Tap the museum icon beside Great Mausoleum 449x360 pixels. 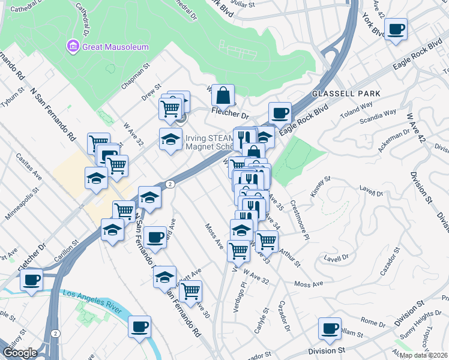[x=73, y=45]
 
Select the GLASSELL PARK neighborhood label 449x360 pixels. [x=346, y=94]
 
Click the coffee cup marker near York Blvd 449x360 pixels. [x=396, y=29]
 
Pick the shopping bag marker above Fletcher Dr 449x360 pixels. [x=223, y=95]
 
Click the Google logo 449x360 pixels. [x=20, y=353]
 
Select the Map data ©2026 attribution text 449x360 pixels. [x=424, y=355]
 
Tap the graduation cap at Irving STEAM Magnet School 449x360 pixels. [x=170, y=140]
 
